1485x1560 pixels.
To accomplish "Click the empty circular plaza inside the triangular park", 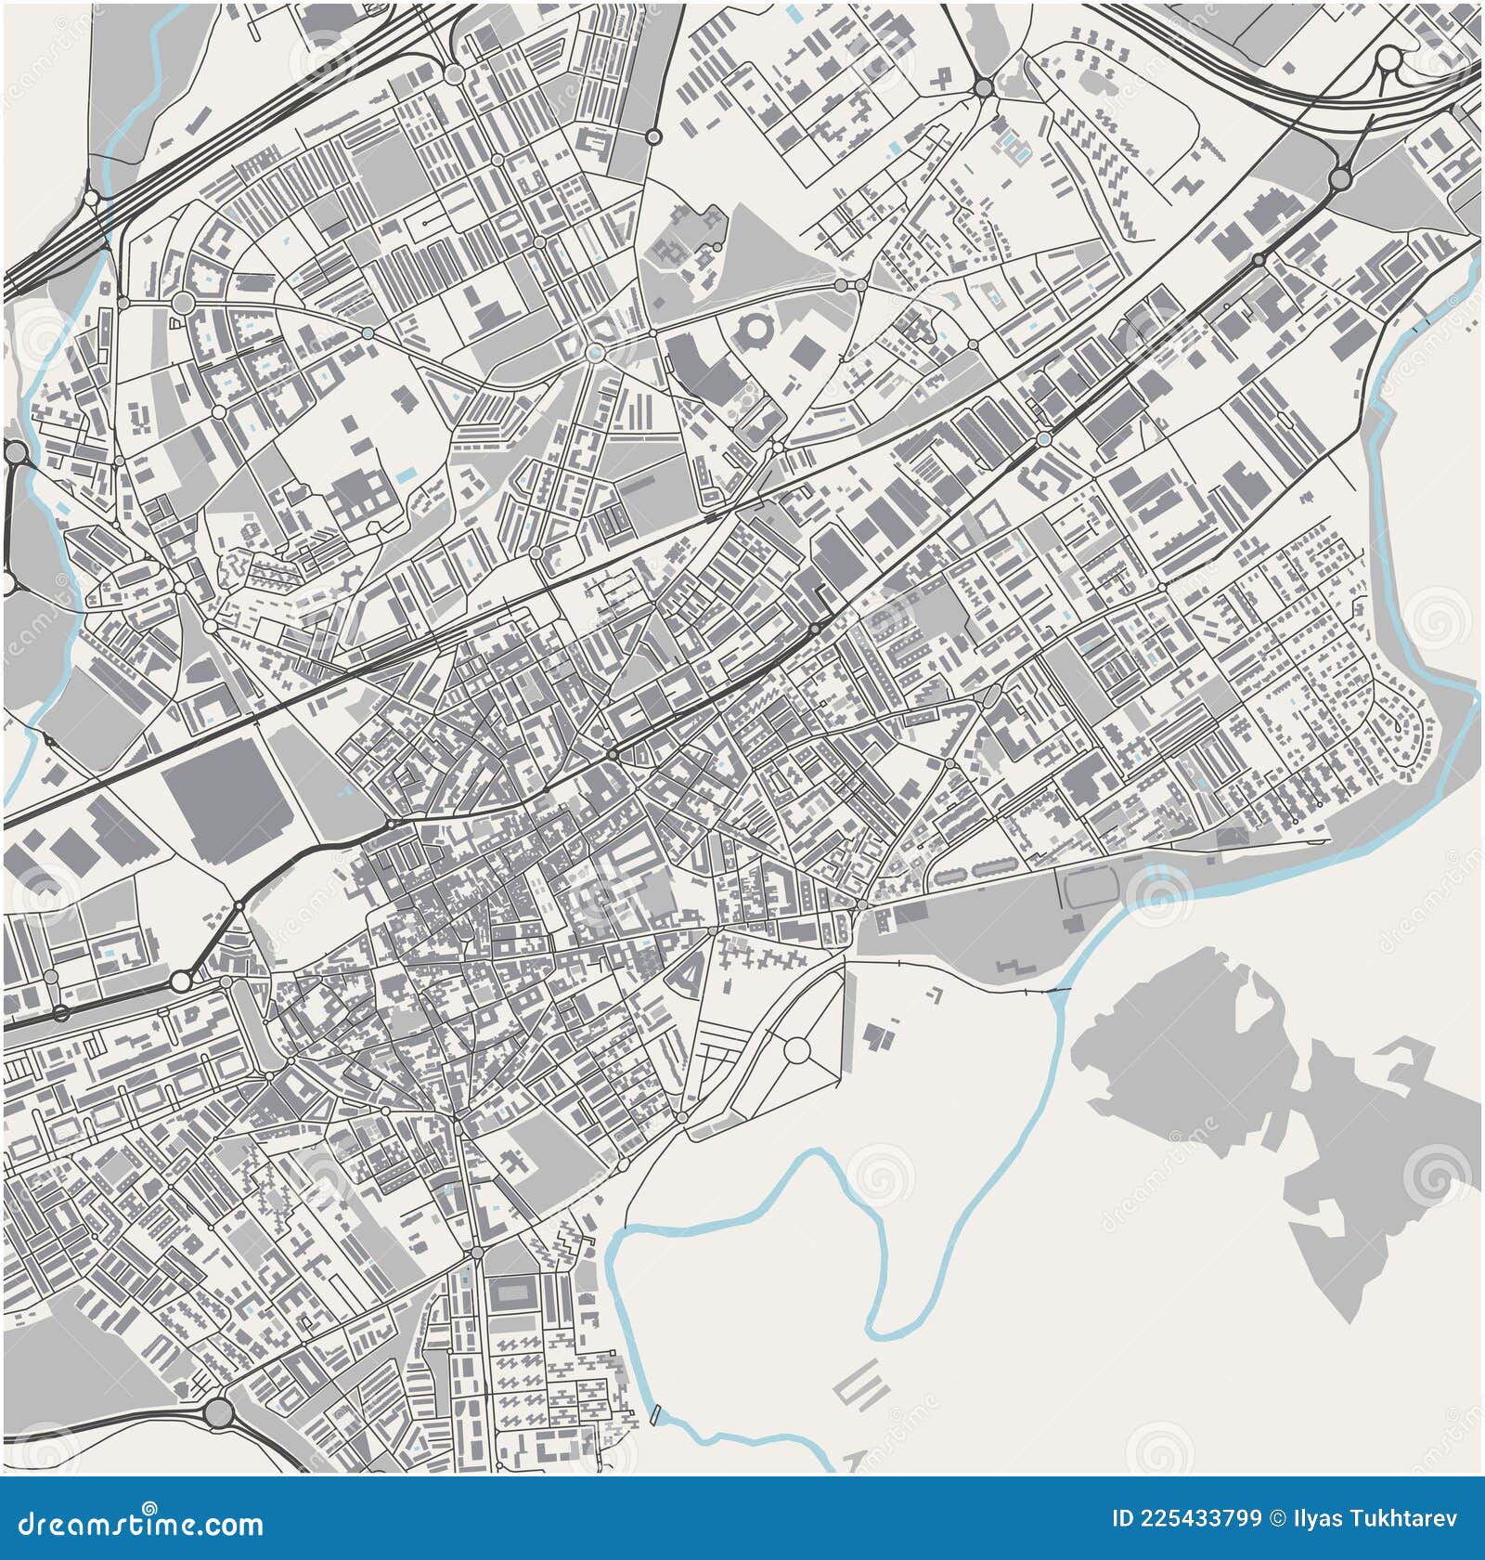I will (x=797, y=1050).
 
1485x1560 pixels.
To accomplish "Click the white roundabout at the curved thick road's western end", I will (x=181, y=981).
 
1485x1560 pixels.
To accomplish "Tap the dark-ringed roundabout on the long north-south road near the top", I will (x=653, y=136).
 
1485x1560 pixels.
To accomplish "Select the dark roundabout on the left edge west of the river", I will (x=16, y=452).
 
